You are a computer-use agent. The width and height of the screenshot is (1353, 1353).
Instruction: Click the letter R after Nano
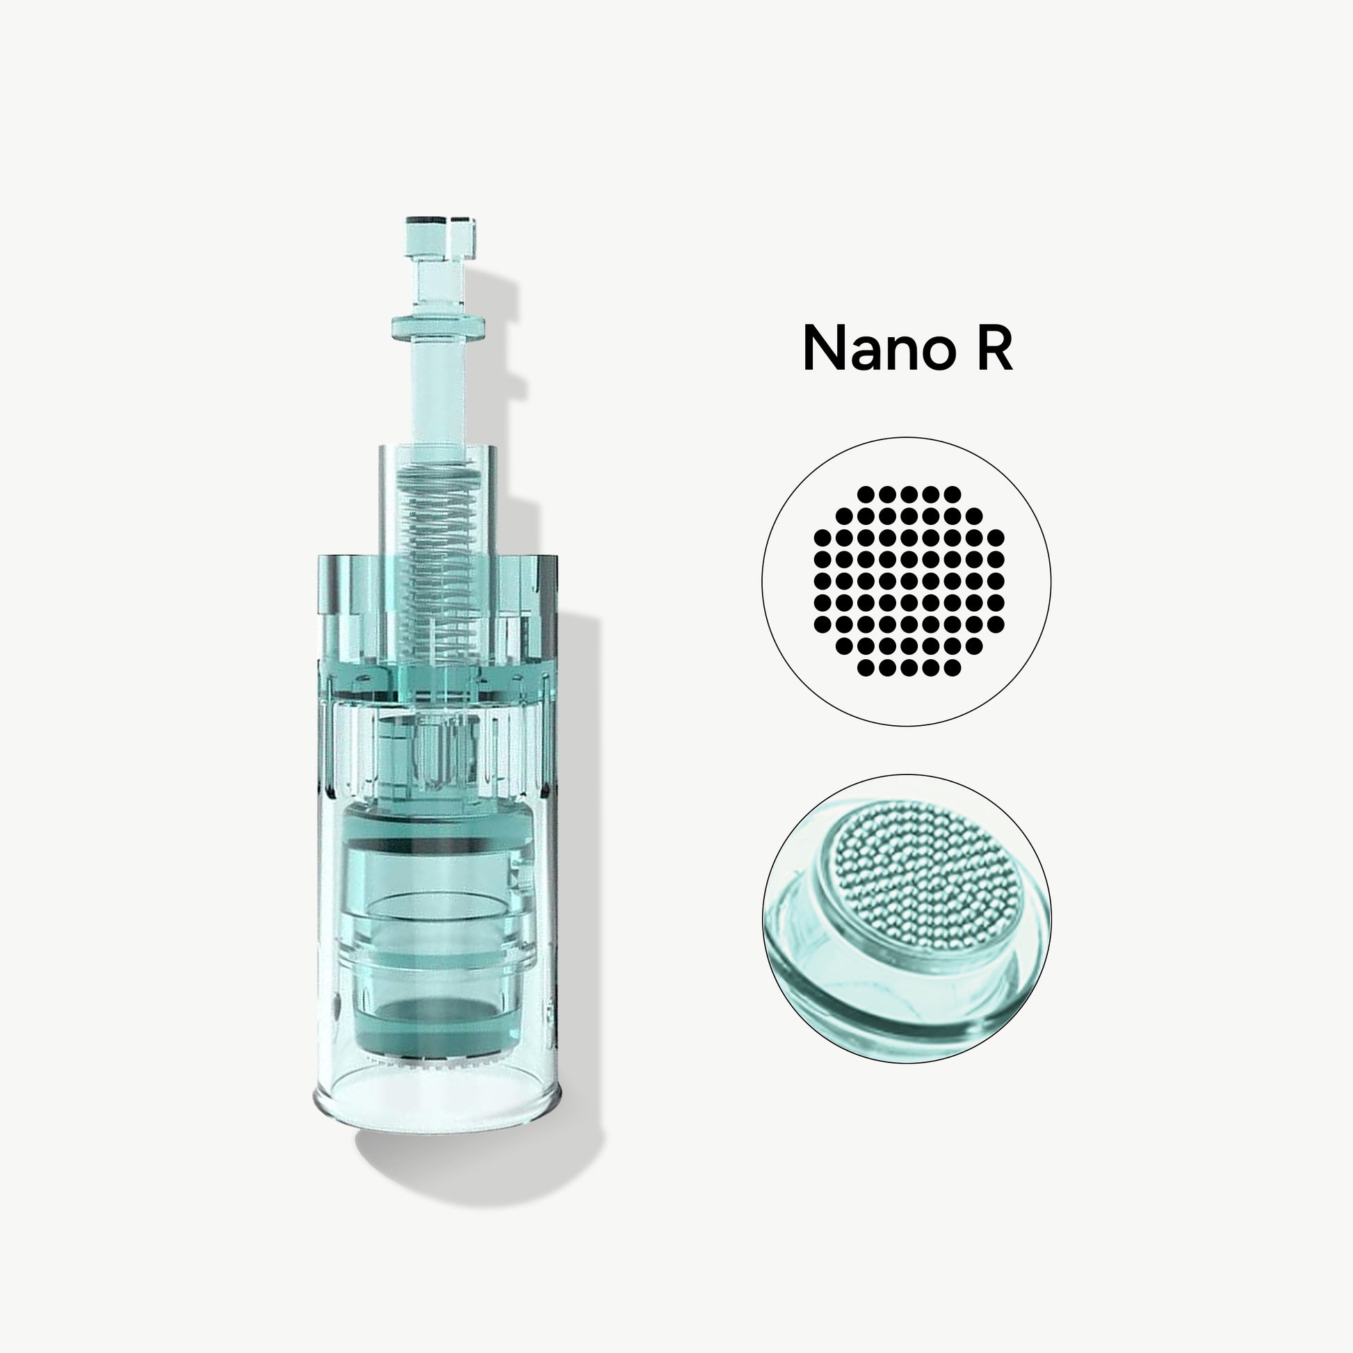coord(994,348)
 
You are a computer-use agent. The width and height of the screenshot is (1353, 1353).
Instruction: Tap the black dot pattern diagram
coord(908,581)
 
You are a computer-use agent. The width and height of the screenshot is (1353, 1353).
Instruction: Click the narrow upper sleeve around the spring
coord(439,504)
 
